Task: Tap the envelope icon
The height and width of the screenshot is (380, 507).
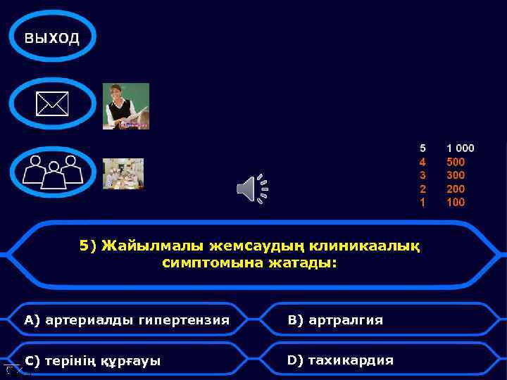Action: point(52,104)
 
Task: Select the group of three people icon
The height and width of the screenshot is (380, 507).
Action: point(52,172)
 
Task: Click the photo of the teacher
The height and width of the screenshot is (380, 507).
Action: point(126,106)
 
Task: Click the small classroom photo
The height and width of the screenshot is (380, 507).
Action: point(123,174)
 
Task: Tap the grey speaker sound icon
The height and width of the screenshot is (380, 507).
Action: point(252,188)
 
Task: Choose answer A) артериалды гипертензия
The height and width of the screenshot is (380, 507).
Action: point(127,320)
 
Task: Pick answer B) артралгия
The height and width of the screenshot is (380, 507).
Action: point(335,320)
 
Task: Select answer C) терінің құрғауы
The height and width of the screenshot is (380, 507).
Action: point(93,361)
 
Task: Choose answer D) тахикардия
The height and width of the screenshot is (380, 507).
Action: point(340,360)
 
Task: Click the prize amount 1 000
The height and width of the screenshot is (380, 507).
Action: point(461,148)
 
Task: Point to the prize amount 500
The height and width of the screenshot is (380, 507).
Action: point(456,162)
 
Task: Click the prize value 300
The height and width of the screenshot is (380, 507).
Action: point(456,175)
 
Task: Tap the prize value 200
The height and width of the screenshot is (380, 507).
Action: point(456,189)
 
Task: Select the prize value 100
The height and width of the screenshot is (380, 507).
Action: point(456,202)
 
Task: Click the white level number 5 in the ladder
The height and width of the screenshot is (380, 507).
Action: point(423,148)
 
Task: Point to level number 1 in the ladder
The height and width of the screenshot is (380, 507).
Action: point(423,202)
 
